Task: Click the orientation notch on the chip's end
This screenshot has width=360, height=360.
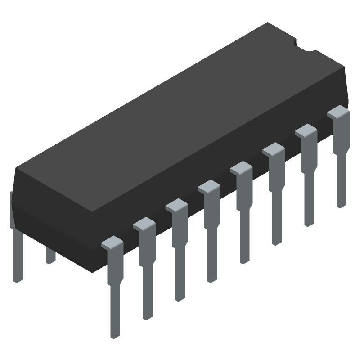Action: (298, 43)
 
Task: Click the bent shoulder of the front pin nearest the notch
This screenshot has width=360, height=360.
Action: (338, 112)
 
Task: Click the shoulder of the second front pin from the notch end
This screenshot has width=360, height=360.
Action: (306, 130)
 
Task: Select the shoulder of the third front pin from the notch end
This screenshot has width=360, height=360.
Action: (274, 149)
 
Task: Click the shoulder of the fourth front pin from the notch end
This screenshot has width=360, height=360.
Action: (241, 168)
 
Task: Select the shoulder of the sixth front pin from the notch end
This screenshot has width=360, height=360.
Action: (176, 206)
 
